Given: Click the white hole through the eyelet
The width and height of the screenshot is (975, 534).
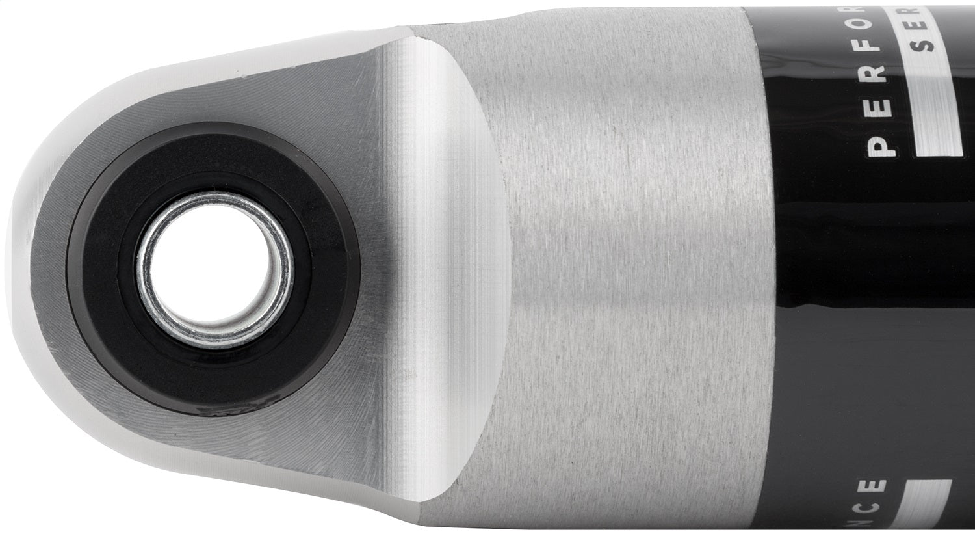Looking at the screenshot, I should point(214,267).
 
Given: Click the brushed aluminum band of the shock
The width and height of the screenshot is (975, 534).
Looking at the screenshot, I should point(637,273).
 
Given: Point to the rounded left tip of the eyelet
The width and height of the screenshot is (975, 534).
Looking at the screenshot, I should point(19,273).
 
